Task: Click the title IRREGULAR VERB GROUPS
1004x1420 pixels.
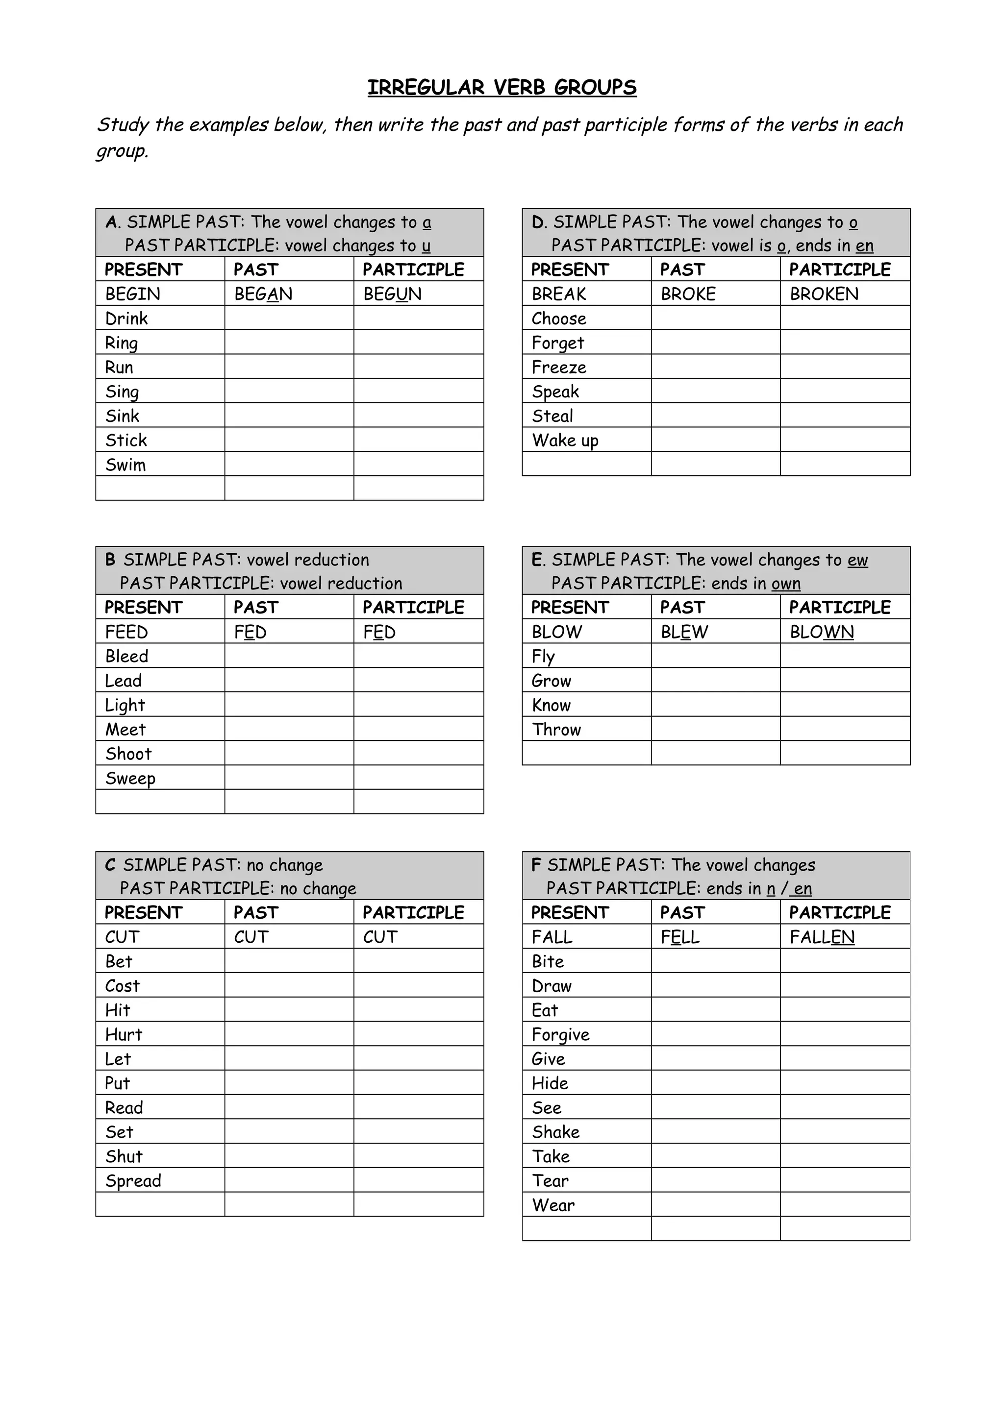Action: (x=502, y=88)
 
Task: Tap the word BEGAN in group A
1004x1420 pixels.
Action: (x=263, y=294)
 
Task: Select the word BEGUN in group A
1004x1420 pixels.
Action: (x=392, y=294)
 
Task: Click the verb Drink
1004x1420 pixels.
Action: (x=127, y=318)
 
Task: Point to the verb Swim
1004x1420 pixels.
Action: (x=125, y=465)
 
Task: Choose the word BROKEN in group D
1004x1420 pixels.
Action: (x=824, y=294)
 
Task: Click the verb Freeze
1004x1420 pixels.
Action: (x=558, y=367)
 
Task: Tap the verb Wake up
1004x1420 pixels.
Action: (x=565, y=441)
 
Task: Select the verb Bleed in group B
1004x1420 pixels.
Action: (x=127, y=656)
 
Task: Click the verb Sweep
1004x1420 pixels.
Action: (x=130, y=778)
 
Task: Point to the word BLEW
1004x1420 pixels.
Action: (x=684, y=632)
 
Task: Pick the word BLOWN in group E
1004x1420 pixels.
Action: (x=822, y=632)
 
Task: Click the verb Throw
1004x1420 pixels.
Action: (x=556, y=730)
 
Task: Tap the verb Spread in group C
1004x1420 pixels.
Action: (x=133, y=1181)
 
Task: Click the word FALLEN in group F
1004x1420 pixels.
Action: (x=822, y=937)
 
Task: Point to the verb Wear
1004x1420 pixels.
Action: (x=553, y=1205)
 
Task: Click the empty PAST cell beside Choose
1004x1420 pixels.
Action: (x=716, y=318)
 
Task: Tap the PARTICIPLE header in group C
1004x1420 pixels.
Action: (x=413, y=913)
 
